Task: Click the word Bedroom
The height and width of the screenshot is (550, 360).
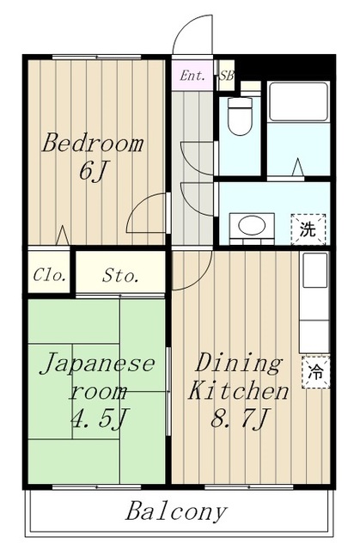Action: (93, 143)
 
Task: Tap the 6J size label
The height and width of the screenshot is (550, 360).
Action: (93, 171)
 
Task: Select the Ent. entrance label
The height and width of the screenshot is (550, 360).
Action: (192, 76)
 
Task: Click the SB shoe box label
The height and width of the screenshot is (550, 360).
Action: (227, 76)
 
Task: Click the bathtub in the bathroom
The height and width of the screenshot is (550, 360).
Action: (298, 101)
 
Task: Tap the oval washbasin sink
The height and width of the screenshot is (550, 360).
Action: (252, 225)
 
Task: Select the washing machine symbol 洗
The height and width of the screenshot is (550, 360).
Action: (308, 229)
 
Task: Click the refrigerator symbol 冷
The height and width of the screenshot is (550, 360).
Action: (315, 372)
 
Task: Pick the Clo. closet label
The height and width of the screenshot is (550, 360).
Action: (49, 276)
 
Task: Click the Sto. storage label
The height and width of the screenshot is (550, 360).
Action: (120, 277)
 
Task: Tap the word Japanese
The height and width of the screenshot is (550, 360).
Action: (98, 364)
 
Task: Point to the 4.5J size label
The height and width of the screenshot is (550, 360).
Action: (98, 418)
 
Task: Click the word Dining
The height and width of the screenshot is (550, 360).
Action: (239, 364)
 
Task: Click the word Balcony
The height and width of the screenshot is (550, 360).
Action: (176, 512)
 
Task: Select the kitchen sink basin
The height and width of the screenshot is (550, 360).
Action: (314, 270)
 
